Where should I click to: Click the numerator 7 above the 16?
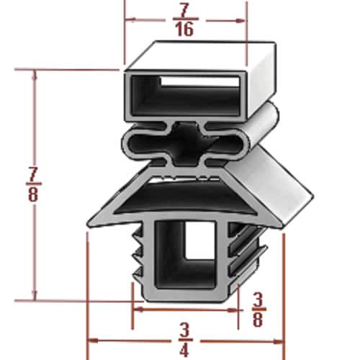pyautogui.click(x=186, y=10)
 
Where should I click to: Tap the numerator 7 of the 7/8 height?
pyautogui.click(x=34, y=175)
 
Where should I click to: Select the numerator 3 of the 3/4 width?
pyautogui.click(x=185, y=330)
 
